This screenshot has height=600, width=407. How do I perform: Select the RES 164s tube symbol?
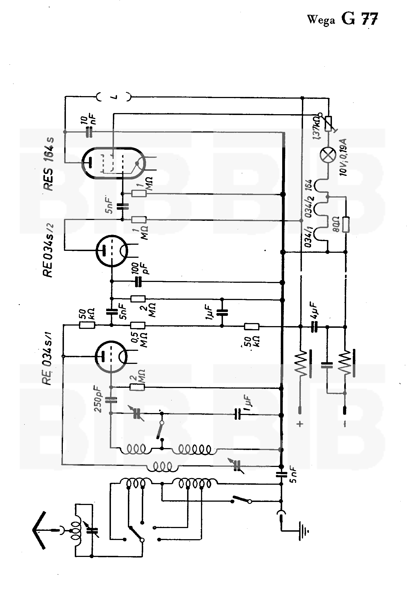point(114,163)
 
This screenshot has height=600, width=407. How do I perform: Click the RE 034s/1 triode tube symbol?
point(111,356)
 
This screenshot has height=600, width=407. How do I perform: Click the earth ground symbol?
point(304,531)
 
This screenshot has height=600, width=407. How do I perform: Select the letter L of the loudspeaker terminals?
point(115,97)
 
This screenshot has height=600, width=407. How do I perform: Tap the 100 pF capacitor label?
point(142,268)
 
